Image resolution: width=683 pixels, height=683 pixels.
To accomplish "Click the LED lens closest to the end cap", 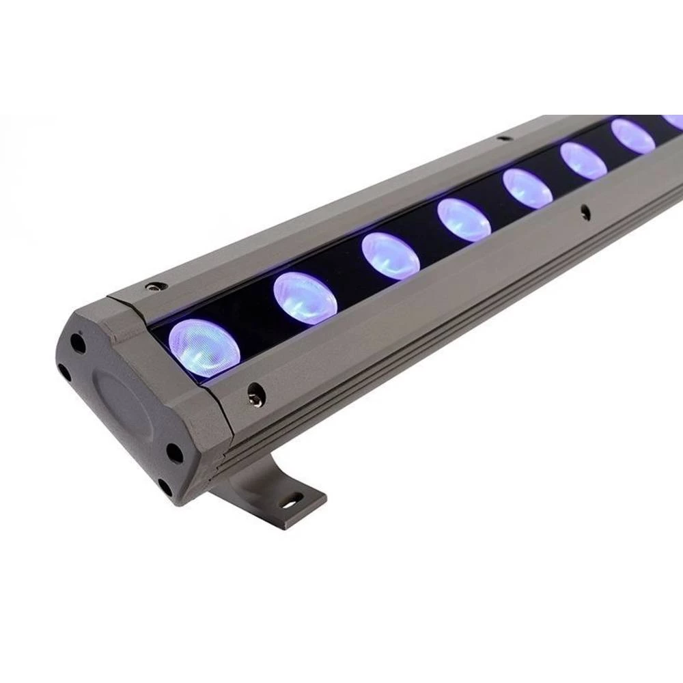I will click(x=204, y=348).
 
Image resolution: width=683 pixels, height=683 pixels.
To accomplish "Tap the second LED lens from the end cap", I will click(x=305, y=298).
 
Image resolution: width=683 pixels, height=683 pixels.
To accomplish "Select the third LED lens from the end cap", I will click(x=391, y=256).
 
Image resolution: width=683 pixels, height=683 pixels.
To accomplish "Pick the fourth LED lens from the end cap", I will click(x=464, y=220).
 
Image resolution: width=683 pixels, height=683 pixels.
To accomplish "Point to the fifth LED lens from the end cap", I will click(x=527, y=189).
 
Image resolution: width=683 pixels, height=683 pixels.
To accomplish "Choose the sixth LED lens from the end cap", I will click(x=583, y=161).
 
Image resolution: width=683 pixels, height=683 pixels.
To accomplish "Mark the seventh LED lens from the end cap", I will click(x=632, y=137).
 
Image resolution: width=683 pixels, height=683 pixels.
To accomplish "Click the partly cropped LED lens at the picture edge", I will click(x=674, y=121).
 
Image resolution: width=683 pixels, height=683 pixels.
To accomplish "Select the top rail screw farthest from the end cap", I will click(x=504, y=138).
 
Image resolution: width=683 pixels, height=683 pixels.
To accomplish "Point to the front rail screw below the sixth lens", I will click(x=585, y=212).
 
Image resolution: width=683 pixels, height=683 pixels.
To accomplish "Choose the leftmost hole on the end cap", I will click(x=64, y=373).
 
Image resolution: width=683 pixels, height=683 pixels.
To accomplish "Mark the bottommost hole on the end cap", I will click(x=165, y=487).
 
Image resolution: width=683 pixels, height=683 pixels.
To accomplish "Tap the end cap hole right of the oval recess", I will click(x=174, y=452).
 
